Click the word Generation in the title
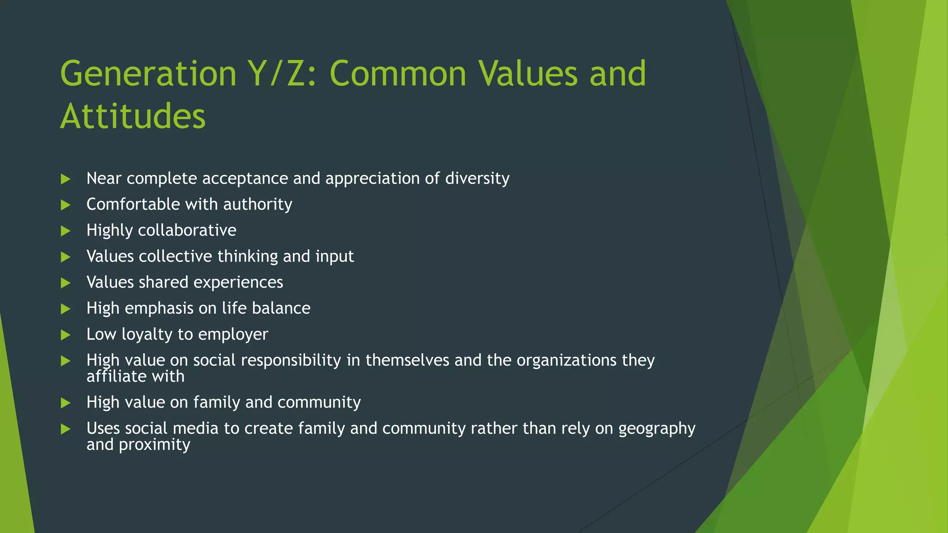tap(148, 74)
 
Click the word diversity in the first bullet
tap(477, 179)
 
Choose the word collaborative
tap(187, 230)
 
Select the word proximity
tap(154, 445)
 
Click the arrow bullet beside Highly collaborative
tap(65, 231)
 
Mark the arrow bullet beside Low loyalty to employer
tap(65, 335)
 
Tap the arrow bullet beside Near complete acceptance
tap(65, 179)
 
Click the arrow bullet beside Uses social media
tap(65, 429)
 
